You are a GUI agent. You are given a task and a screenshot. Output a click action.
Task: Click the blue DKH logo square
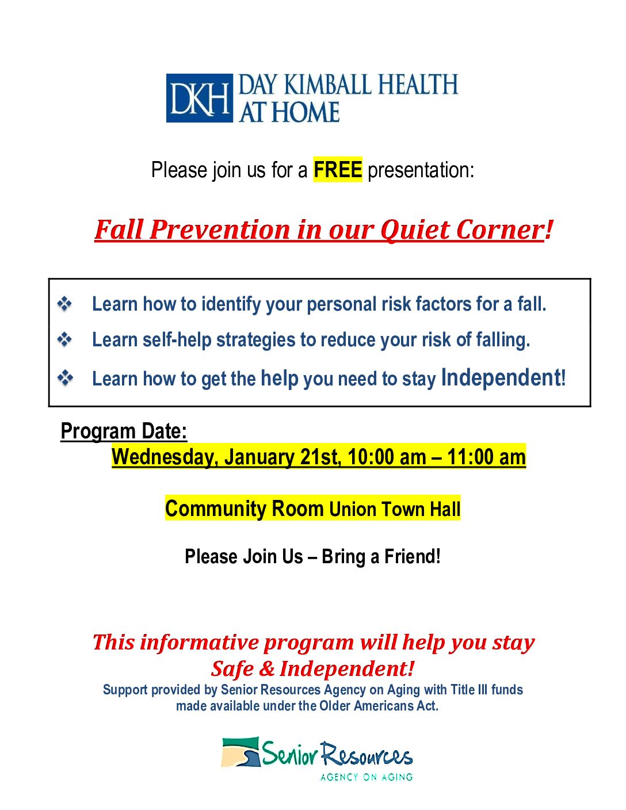(199, 98)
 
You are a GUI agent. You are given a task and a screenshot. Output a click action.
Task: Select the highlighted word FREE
(338, 170)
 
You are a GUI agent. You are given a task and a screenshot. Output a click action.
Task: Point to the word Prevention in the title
(220, 230)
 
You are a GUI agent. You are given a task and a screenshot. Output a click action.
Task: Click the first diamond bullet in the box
(65, 304)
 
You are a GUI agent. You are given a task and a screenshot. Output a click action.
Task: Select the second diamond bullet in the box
(65, 340)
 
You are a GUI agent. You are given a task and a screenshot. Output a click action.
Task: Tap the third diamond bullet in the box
(65, 378)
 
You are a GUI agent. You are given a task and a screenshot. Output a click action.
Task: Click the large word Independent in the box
(501, 378)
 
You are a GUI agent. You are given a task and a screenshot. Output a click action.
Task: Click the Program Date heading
(124, 431)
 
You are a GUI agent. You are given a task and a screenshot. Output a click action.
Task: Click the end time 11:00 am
(486, 457)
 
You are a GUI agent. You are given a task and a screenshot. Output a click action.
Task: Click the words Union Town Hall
(395, 509)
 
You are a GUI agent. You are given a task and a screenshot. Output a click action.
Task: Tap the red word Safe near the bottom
(232, 668)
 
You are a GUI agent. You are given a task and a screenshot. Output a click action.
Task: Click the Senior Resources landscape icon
(241, 752)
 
